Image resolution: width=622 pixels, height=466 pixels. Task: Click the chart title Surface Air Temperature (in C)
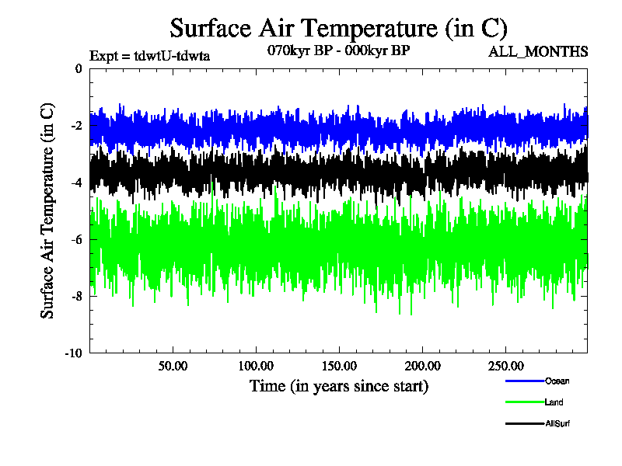pos(338,29)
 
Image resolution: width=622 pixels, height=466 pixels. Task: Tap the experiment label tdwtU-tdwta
pos(150,55)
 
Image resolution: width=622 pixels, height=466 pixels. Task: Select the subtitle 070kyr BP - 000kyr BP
pos(338,50)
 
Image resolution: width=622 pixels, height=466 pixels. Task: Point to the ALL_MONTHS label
pos(537,52)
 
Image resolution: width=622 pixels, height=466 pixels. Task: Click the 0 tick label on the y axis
pos(78,69)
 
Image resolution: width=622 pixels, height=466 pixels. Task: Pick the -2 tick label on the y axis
pos(75,126)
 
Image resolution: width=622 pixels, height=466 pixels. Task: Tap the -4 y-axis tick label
pos(75,183)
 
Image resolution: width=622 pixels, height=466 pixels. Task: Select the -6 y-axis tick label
pos(75,239)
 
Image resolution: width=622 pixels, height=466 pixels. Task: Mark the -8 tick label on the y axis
pos(75,296)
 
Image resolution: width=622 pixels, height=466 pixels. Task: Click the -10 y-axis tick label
pos(73,353)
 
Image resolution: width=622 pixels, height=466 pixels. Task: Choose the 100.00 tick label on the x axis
pos(256,365)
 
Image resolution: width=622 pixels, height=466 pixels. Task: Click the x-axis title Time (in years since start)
pos(338,386)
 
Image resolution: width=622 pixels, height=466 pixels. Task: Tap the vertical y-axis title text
pos(47,210)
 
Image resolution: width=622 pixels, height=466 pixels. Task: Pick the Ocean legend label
pos(557,381)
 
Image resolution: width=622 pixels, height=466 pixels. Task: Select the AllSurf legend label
pos(558,423)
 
